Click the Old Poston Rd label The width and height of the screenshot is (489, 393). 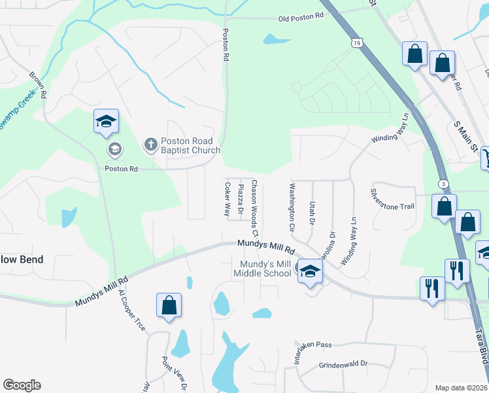(x=301, y=18)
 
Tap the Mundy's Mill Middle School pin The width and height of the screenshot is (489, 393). (x=310, y=271)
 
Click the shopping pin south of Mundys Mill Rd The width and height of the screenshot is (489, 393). (x=169, y=306)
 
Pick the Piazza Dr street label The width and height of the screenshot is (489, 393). (x=241, y=200)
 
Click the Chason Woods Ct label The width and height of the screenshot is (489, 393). (x=255, y=208)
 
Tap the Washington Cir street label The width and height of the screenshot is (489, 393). (x=292, y=208)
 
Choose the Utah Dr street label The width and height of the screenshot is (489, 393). (x=312, y=213)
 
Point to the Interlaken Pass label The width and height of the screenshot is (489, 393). (x=313, y=344)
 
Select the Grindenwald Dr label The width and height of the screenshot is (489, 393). (x=343, y=364)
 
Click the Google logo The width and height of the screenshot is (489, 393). (x=22, y=385)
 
